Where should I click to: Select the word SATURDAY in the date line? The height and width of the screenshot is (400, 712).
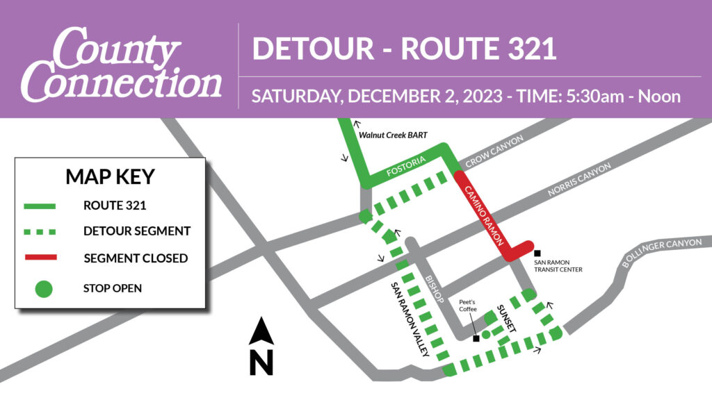pos(294,96)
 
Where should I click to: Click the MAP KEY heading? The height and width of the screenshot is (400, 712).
pos(110,176)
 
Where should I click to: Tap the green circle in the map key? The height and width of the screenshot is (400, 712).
pos(44,288)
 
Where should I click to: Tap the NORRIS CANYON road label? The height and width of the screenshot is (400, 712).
pos(578,180)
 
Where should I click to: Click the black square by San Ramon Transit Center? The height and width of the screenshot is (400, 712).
pos(537,253)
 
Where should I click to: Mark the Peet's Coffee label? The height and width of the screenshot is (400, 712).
pos(467,307)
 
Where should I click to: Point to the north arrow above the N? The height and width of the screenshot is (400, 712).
pos(261,332)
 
